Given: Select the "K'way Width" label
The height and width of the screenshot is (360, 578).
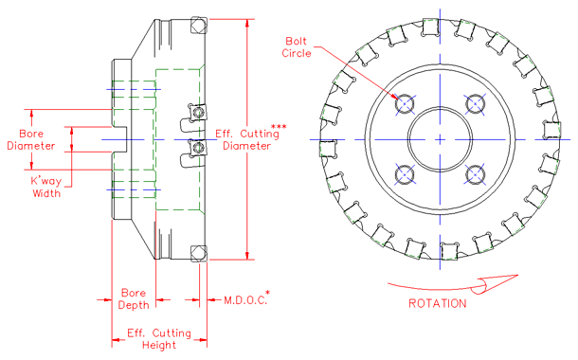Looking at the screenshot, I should (x=45, y=186).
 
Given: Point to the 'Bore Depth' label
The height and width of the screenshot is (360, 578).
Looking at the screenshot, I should (x=134, y=298).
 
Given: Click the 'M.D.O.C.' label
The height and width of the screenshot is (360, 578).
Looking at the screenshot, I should (x=244, y=300).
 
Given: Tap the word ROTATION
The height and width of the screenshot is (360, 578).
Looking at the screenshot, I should (x=437, y=304).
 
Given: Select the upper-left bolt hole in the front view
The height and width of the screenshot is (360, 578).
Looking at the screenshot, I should (x=406, y=103).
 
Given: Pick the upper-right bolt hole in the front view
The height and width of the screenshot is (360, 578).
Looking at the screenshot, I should (x=476, y=103).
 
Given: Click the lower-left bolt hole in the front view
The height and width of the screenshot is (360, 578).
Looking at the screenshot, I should (x=406, y=174).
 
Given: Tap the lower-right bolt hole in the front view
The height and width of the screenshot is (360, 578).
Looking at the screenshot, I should (x=476, y=174).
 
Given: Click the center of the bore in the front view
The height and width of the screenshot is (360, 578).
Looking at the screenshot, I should (x=441, y=139).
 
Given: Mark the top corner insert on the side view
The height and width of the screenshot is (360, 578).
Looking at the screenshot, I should (x=197, y=25).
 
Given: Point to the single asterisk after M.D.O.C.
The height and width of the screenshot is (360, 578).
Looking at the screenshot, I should (x=269, y=294).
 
